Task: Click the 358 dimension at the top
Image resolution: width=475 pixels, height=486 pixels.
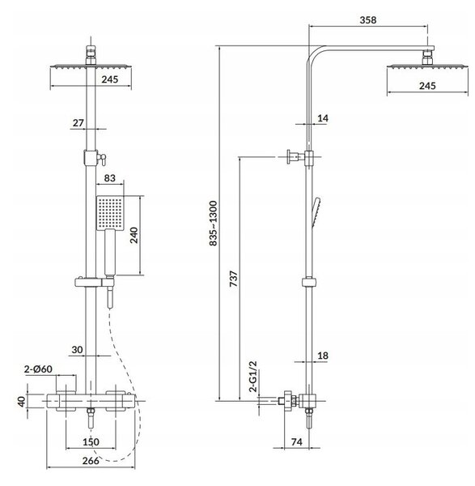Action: point(368,20)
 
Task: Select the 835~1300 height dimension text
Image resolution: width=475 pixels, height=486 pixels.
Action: point(214,224)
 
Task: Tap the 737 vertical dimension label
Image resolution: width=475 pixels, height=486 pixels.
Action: point(234,279)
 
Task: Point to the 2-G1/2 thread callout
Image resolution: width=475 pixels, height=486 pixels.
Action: point(253,377)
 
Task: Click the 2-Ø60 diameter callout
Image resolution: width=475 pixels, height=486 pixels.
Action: point(38,369)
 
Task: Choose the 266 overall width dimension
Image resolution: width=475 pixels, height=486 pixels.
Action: point(91,461)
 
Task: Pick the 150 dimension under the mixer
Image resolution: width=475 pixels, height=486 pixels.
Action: point(91,441)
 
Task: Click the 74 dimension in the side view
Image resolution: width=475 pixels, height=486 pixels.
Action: point(297,441)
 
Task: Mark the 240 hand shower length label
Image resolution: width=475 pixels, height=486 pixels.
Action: point(134,235)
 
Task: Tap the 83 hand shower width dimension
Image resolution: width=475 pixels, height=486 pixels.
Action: point(109,178)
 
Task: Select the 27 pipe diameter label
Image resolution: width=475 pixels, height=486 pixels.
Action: point(78,123)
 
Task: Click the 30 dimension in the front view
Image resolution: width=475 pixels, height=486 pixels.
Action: point(77,350)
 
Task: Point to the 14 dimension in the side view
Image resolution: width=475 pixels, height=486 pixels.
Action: point(323,118)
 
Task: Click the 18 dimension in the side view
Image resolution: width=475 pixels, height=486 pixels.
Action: point(323,356)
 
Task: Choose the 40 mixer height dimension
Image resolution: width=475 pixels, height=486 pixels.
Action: point(22,402)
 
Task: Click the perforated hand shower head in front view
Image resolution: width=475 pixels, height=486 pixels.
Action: point(110,213)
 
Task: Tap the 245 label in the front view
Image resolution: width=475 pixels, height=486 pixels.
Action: point(110,79)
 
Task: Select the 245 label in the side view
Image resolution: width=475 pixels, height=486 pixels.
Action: point(427,86)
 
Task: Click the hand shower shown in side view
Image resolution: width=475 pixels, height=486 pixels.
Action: point(316,212)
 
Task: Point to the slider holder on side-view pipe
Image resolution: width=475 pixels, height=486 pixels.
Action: point(309,282)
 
